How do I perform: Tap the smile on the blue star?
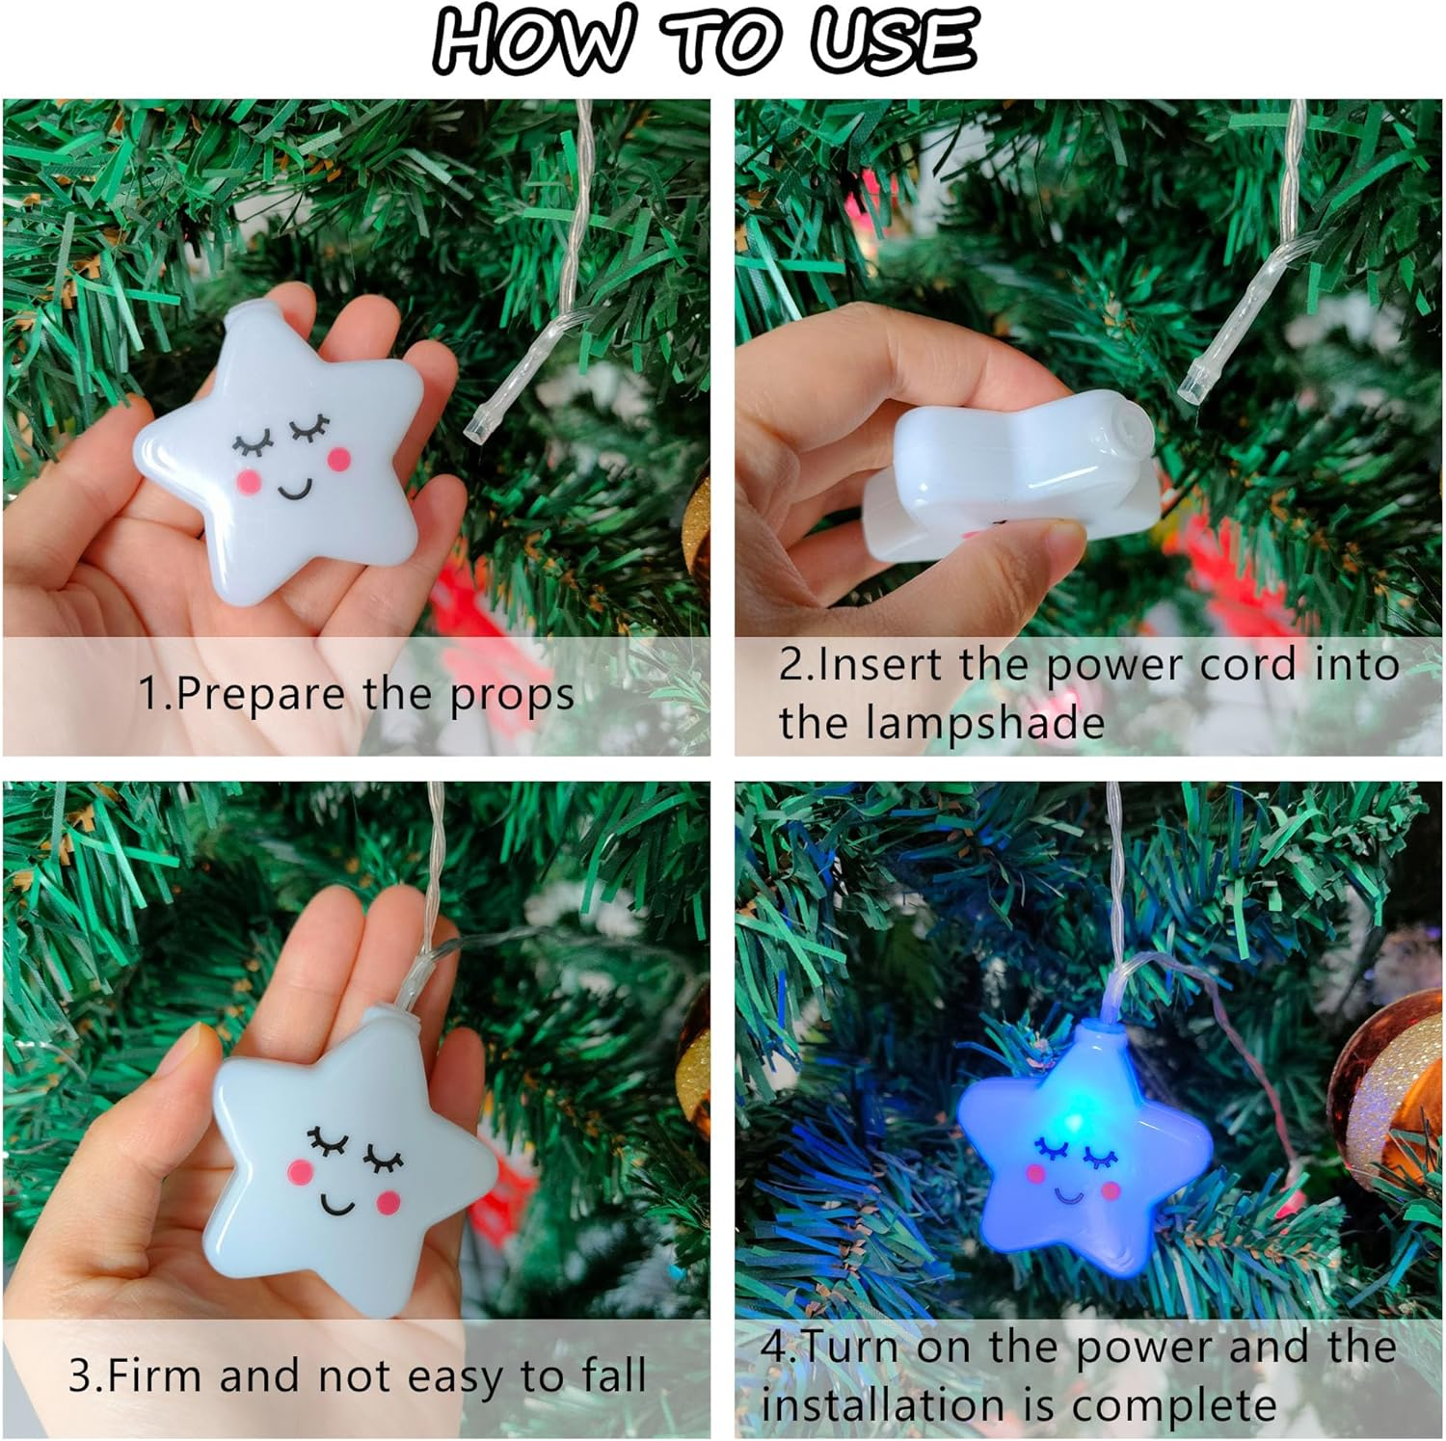[x=1069, y=1195]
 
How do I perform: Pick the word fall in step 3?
[x=613, y=1375]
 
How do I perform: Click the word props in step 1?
[x=511, y=695]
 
